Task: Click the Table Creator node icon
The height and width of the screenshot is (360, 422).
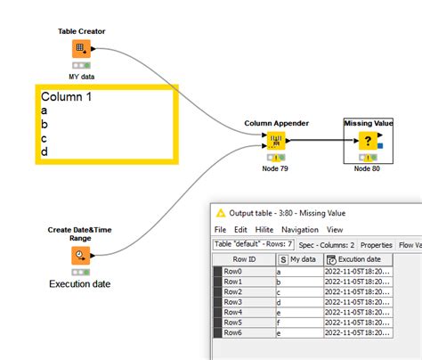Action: pos(81,49)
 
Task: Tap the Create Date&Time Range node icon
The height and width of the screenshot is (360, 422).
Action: pos(81,256)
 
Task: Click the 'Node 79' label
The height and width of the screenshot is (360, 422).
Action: pos(274,168)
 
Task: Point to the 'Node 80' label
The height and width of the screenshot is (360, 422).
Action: pos(367,168)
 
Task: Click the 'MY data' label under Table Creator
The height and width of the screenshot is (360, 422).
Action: pos(81,77)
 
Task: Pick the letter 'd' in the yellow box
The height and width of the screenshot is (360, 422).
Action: pos(45,151)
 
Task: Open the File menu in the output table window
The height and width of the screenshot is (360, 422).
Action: pos(220,229)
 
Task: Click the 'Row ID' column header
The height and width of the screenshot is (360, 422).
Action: pos(245,259)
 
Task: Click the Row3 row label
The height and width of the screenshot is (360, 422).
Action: pos(233,302)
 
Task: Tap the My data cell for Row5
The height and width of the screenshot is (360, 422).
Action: pos(298,322)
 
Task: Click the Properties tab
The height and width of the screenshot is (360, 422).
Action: pos(377,244)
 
